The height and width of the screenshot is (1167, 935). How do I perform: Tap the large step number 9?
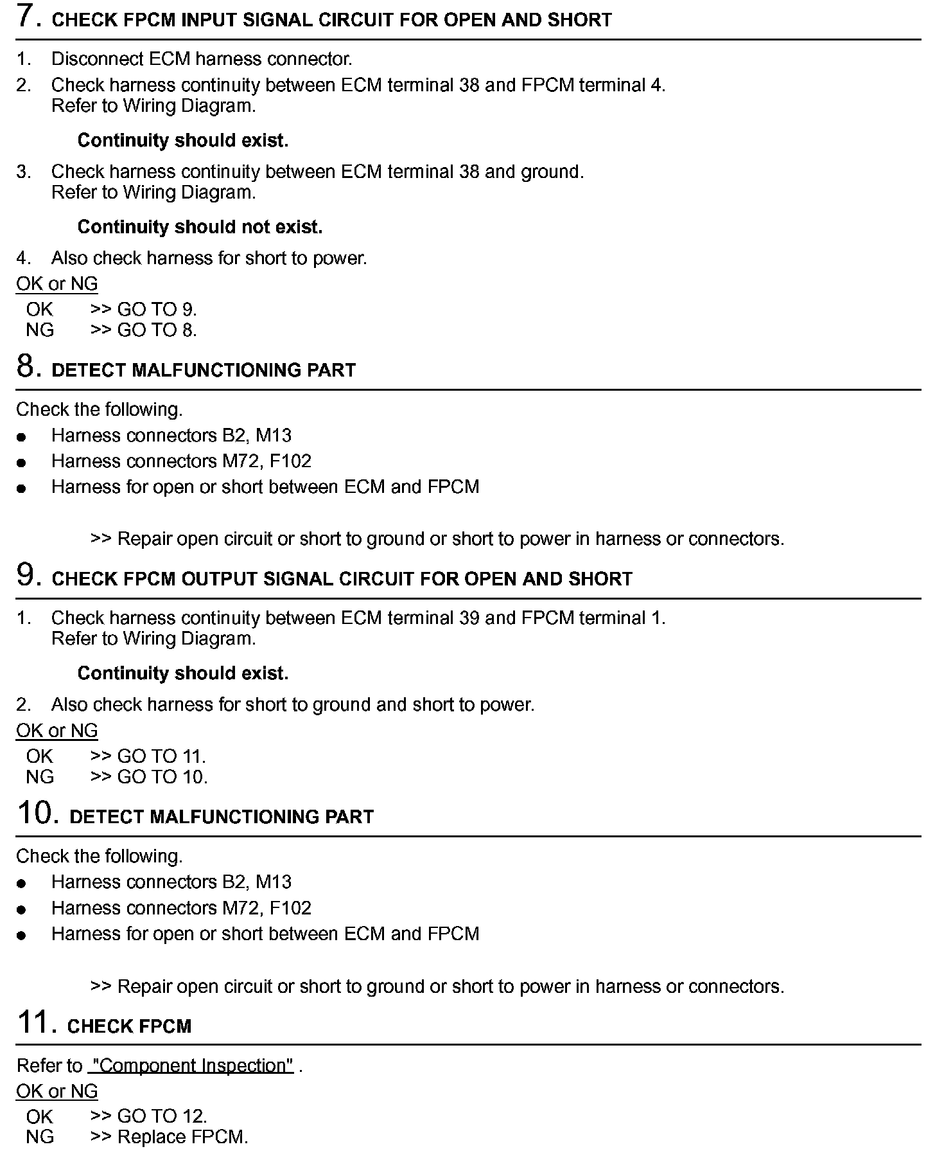click(x=26, y=575)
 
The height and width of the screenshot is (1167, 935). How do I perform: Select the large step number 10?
click(x=35, y=813)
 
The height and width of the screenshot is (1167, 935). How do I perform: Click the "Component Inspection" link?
click(x=191, y=1065)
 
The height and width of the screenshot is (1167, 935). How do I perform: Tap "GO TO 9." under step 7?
click(x=157, y=309)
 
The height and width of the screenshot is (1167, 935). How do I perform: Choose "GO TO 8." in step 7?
click(x=157, y=330)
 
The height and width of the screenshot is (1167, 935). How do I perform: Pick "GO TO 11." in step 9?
click(x=161, y=756)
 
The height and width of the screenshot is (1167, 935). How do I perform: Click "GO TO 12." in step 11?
click(x=162, y=1116)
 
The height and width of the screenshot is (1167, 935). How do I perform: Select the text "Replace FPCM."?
click(x=183, y=1137)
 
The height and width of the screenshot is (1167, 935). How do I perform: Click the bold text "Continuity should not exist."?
click(x=200, y=227)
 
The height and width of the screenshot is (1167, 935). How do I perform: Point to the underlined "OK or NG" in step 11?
click(x=57, y=1091)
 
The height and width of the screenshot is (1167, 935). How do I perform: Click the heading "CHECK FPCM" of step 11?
click(x=129, y=1026)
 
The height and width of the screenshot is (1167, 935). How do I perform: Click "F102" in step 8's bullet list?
click(x=290, y=461)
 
